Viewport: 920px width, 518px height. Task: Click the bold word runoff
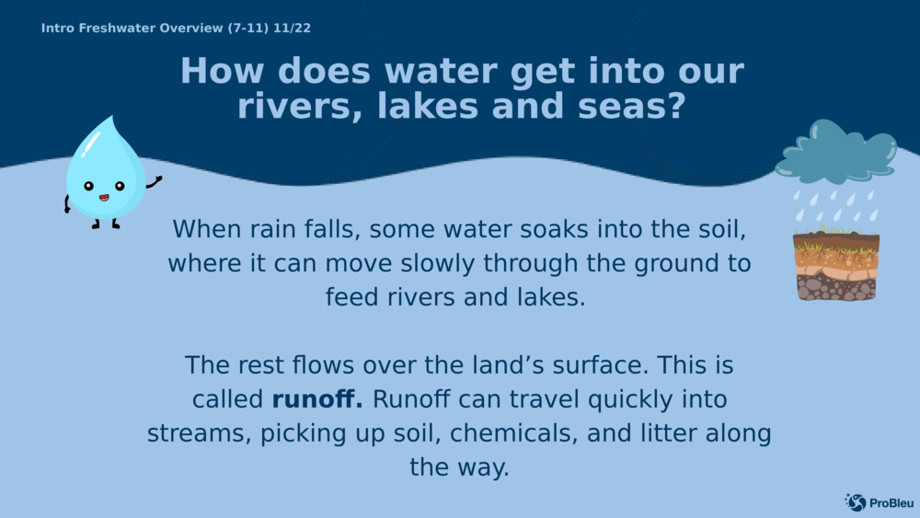[x=316, y=399]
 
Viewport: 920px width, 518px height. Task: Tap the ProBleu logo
[x=879, y=502]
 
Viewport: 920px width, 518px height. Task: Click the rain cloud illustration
[x=835, y=152]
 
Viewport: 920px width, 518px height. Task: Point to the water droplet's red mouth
[x=104, y=198]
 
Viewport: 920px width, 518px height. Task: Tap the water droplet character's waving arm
[x=154, y=182]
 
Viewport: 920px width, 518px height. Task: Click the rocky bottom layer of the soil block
[x=836, y=287]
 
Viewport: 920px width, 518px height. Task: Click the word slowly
[x=438, y=263]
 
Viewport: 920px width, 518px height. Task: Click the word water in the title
[x=441, y=71]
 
